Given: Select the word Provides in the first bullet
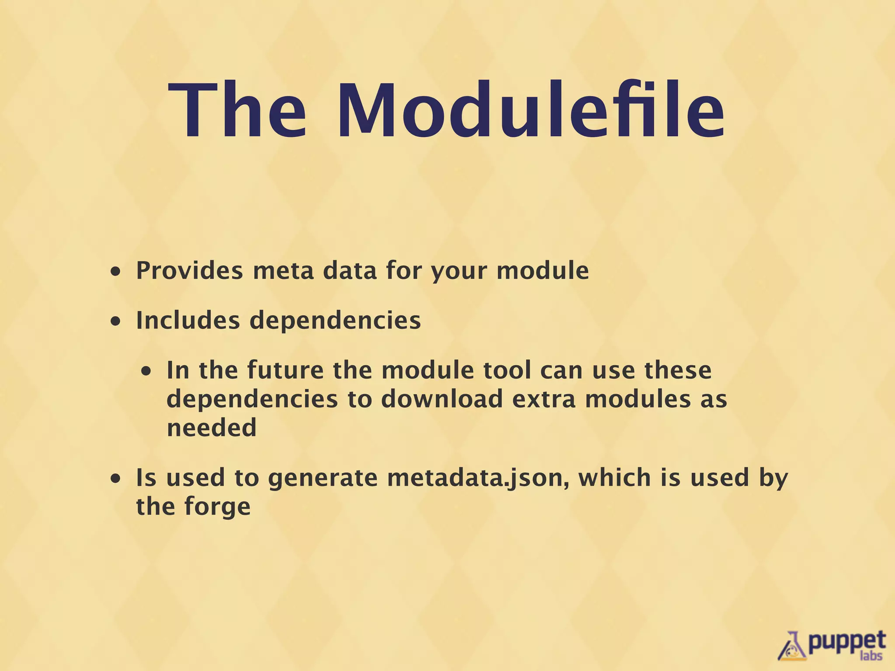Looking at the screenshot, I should coord(189,270).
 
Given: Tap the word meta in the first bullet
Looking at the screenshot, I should coord(283,270).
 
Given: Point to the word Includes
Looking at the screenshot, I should coord(188,320).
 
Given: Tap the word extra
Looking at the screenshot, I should coord(544,399).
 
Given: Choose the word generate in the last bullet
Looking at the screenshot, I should coord(323,478).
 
